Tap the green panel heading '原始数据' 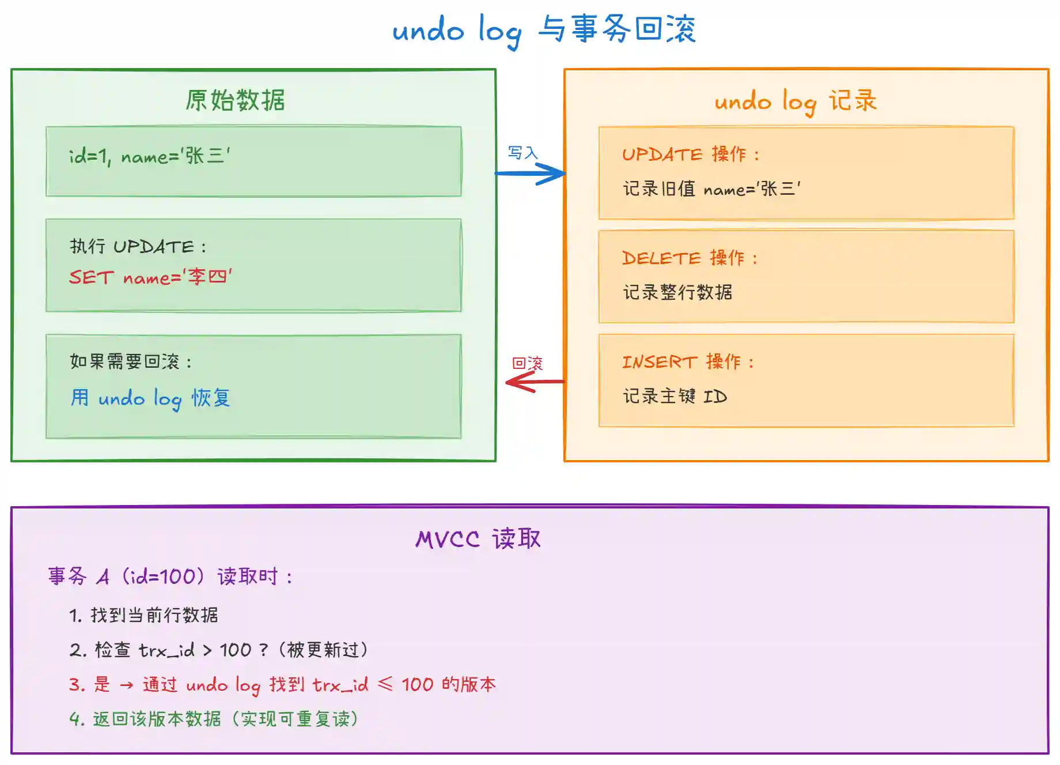[235, 100]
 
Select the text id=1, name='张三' [150, 156]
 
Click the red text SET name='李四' [150, 277]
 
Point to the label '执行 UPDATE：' [138, 247]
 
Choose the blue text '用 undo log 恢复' [150, 398]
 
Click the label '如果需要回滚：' [131, 362]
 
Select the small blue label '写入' [523, 153]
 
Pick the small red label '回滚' [527, 363]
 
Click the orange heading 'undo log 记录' [796, 101]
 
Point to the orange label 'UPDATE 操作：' [691, 154]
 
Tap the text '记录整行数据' [677, 292]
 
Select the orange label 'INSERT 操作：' [688, 362]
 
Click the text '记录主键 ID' [675, 397]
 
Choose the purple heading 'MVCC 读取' [478, 539]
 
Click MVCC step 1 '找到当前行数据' [143, 615]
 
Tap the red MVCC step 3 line [282, 684]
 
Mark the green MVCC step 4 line [214, 719]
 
